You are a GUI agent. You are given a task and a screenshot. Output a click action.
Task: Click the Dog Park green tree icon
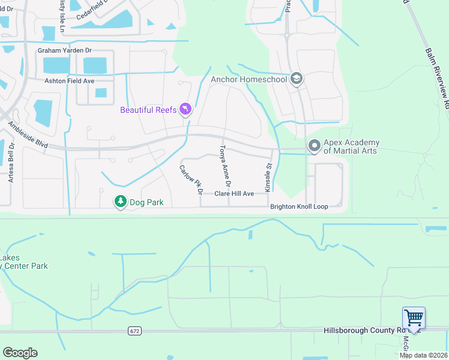pyautogui.click(x=121, y=202)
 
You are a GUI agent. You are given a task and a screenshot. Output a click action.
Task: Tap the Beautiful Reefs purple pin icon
pyautogui.click(x=185, y=109)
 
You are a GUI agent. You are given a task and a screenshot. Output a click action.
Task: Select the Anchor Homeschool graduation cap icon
pyautogui.click(x=295, y=79)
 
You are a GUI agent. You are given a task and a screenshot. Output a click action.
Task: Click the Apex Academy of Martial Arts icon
pyautogui.click(x=313, y=146)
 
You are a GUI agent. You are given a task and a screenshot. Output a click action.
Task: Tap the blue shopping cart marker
pyautogui.click(x=414, y=318)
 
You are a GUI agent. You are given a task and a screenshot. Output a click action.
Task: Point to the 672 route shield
pyautogui.click(x=134, y=331)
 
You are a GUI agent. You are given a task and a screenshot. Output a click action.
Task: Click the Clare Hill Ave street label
pyautogui.click(x=234, y=194)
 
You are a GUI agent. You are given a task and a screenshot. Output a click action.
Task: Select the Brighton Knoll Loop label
pyautogui.click(x=299, y=206)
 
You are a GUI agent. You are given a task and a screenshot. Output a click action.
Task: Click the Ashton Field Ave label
pyautogui.click(x=69, y=80)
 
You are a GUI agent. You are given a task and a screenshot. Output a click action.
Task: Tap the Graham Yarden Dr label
pyautogui.click(x=65, y=51)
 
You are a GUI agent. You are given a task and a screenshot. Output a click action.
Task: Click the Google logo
pyautogui.click(x=20, y=353)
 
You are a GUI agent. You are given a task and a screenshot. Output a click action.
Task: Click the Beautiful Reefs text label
pyautogui.click(x=148, y=110)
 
